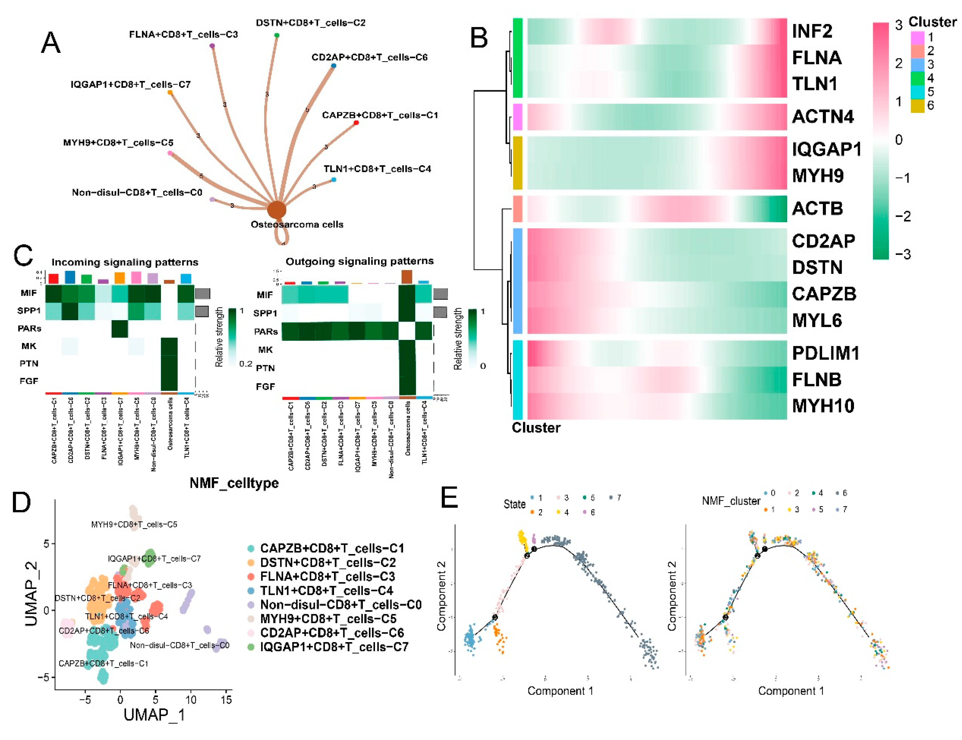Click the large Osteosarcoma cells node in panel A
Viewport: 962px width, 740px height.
276,210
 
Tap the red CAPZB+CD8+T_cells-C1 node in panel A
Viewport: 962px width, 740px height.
356,122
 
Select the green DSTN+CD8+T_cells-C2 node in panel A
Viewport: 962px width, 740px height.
276,35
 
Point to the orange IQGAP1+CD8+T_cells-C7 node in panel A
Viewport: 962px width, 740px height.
170,92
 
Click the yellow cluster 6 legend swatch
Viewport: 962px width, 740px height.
917,106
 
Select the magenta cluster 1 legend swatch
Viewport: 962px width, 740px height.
917,37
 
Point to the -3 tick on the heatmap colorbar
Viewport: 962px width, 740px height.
902,254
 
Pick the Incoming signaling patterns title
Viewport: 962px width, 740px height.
125,262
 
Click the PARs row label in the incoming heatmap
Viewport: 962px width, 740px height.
29,328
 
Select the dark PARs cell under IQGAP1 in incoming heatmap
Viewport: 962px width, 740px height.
119,329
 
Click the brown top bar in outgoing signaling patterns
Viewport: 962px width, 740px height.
407,277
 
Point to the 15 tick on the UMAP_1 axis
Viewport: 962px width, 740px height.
226,699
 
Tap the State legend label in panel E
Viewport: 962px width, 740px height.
514,504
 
